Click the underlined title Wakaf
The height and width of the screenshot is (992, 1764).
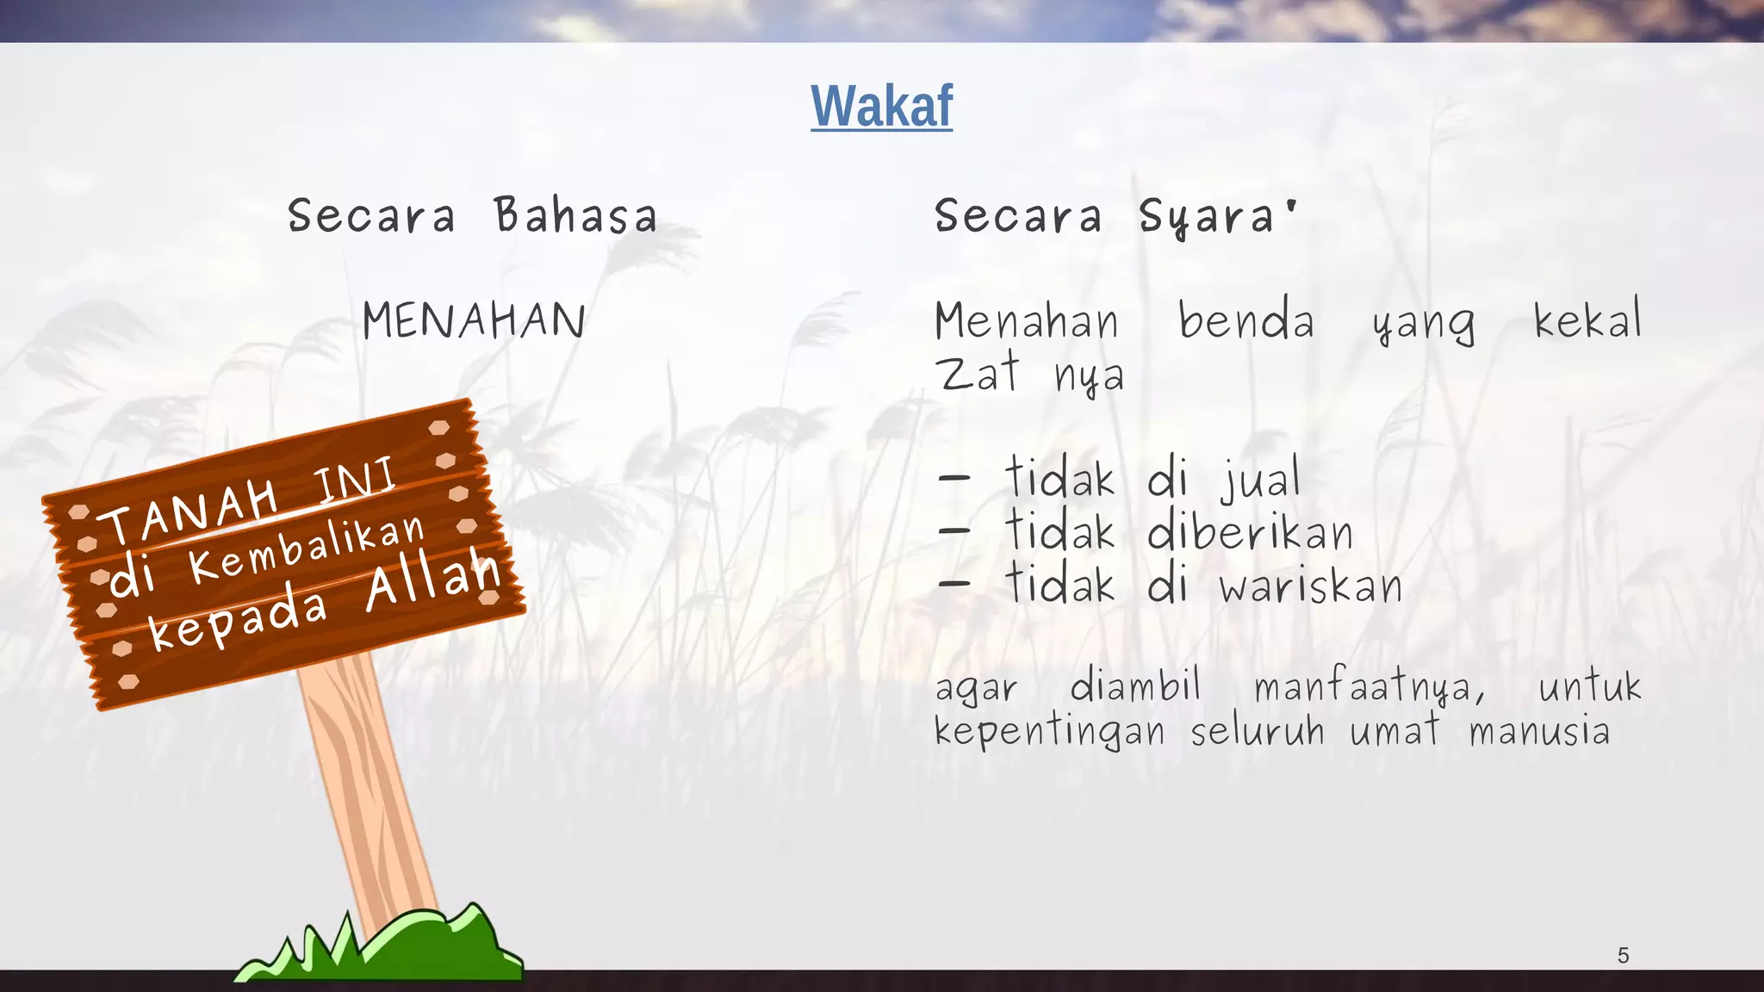(881, 107)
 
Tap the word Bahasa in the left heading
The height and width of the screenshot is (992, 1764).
(575, 215)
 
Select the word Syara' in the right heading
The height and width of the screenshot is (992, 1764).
(1218, 216)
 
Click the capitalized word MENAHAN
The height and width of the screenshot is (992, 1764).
(474, 321)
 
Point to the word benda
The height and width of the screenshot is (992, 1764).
(1245, 321)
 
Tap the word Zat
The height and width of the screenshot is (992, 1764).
(978, 374)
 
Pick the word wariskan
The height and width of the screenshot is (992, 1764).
(1310, 586)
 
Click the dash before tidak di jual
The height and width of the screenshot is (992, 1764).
(954, 479)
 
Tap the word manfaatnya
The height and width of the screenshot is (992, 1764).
(1370, 687)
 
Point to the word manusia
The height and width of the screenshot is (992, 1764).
(1539, 732)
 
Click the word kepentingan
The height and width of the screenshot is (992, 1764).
(1049, 732)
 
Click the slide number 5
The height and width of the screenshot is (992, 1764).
(1623, 955)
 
